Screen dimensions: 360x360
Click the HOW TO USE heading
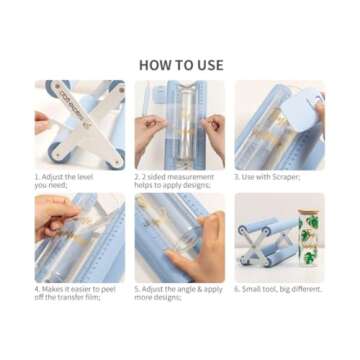click(x=180, y=65)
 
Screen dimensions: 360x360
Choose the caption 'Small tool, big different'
click(x=279, y=289)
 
